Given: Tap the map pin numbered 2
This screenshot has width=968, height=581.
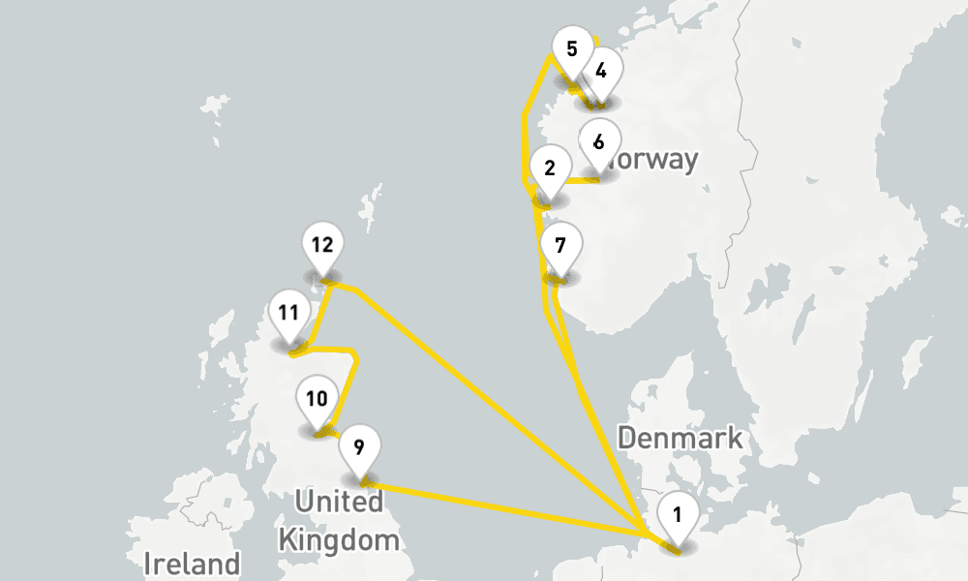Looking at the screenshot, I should tap(550, 169).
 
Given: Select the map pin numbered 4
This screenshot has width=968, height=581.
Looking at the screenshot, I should tap(601, 72).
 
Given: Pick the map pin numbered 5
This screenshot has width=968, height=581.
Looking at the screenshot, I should tap(571, 49).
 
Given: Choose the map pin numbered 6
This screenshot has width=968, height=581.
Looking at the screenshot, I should tap(598, 142).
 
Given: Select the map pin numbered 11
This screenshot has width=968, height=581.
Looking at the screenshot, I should tap(287, 314).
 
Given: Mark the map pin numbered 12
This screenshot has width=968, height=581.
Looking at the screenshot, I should tap(322, 246).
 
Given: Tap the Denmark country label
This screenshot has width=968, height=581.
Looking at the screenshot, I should tap(680, 438).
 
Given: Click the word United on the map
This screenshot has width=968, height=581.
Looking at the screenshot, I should tap(339, 502).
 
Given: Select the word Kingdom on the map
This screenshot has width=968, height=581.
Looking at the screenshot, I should tap(339, 539).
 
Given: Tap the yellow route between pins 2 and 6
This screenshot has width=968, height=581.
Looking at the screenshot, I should tap(581, 180).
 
